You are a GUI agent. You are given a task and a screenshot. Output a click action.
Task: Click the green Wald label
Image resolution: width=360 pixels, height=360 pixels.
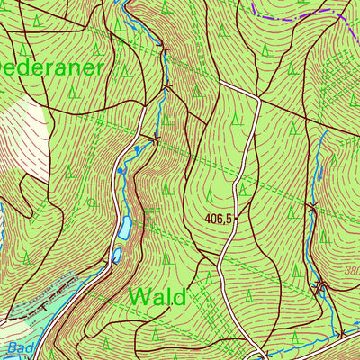(x=157, y=296)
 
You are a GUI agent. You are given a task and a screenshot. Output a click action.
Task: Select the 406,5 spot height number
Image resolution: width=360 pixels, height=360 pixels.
(x=219, y=218)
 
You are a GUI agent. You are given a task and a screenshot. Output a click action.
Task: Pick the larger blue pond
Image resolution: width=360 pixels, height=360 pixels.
(x=122, y=229)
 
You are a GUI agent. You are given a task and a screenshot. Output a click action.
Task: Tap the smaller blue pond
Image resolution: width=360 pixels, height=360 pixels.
(x=117, y=256)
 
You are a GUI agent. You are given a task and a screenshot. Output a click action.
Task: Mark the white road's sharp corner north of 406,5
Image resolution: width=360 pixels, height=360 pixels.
(x=257, y=97)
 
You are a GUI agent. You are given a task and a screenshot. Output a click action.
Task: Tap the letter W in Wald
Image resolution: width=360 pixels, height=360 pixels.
(x=139, y=296)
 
